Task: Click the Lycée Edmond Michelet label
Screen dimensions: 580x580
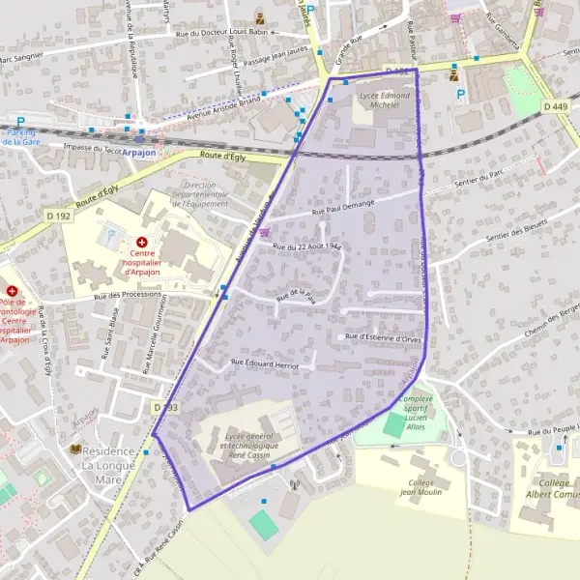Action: pyautogui.click(x=385, y=100)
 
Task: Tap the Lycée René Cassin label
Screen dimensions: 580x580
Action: pyautogui.click(x=249, y=446)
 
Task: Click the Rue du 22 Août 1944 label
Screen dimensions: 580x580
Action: pyautogui.click(x=307, y=247)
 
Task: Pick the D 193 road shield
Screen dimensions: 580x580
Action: pyautogui.click(x=165, y=409)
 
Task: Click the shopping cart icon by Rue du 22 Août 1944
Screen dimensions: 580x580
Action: pyautogui.click(x=264, y=246)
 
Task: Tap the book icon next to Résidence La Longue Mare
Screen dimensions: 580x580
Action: pyautogui.click(x=75, y=450)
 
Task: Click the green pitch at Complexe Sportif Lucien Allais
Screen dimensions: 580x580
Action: pyautogui.click(x=394, y=424)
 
